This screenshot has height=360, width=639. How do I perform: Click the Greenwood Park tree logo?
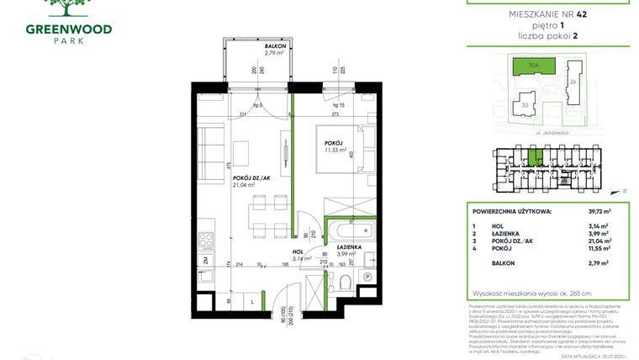(x=71, y=8)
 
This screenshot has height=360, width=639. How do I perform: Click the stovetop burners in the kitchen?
(x=206, y=241)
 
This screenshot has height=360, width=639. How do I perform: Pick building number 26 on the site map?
(x=574, y=82)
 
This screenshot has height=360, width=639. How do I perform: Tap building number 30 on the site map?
(x=525, y=105)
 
